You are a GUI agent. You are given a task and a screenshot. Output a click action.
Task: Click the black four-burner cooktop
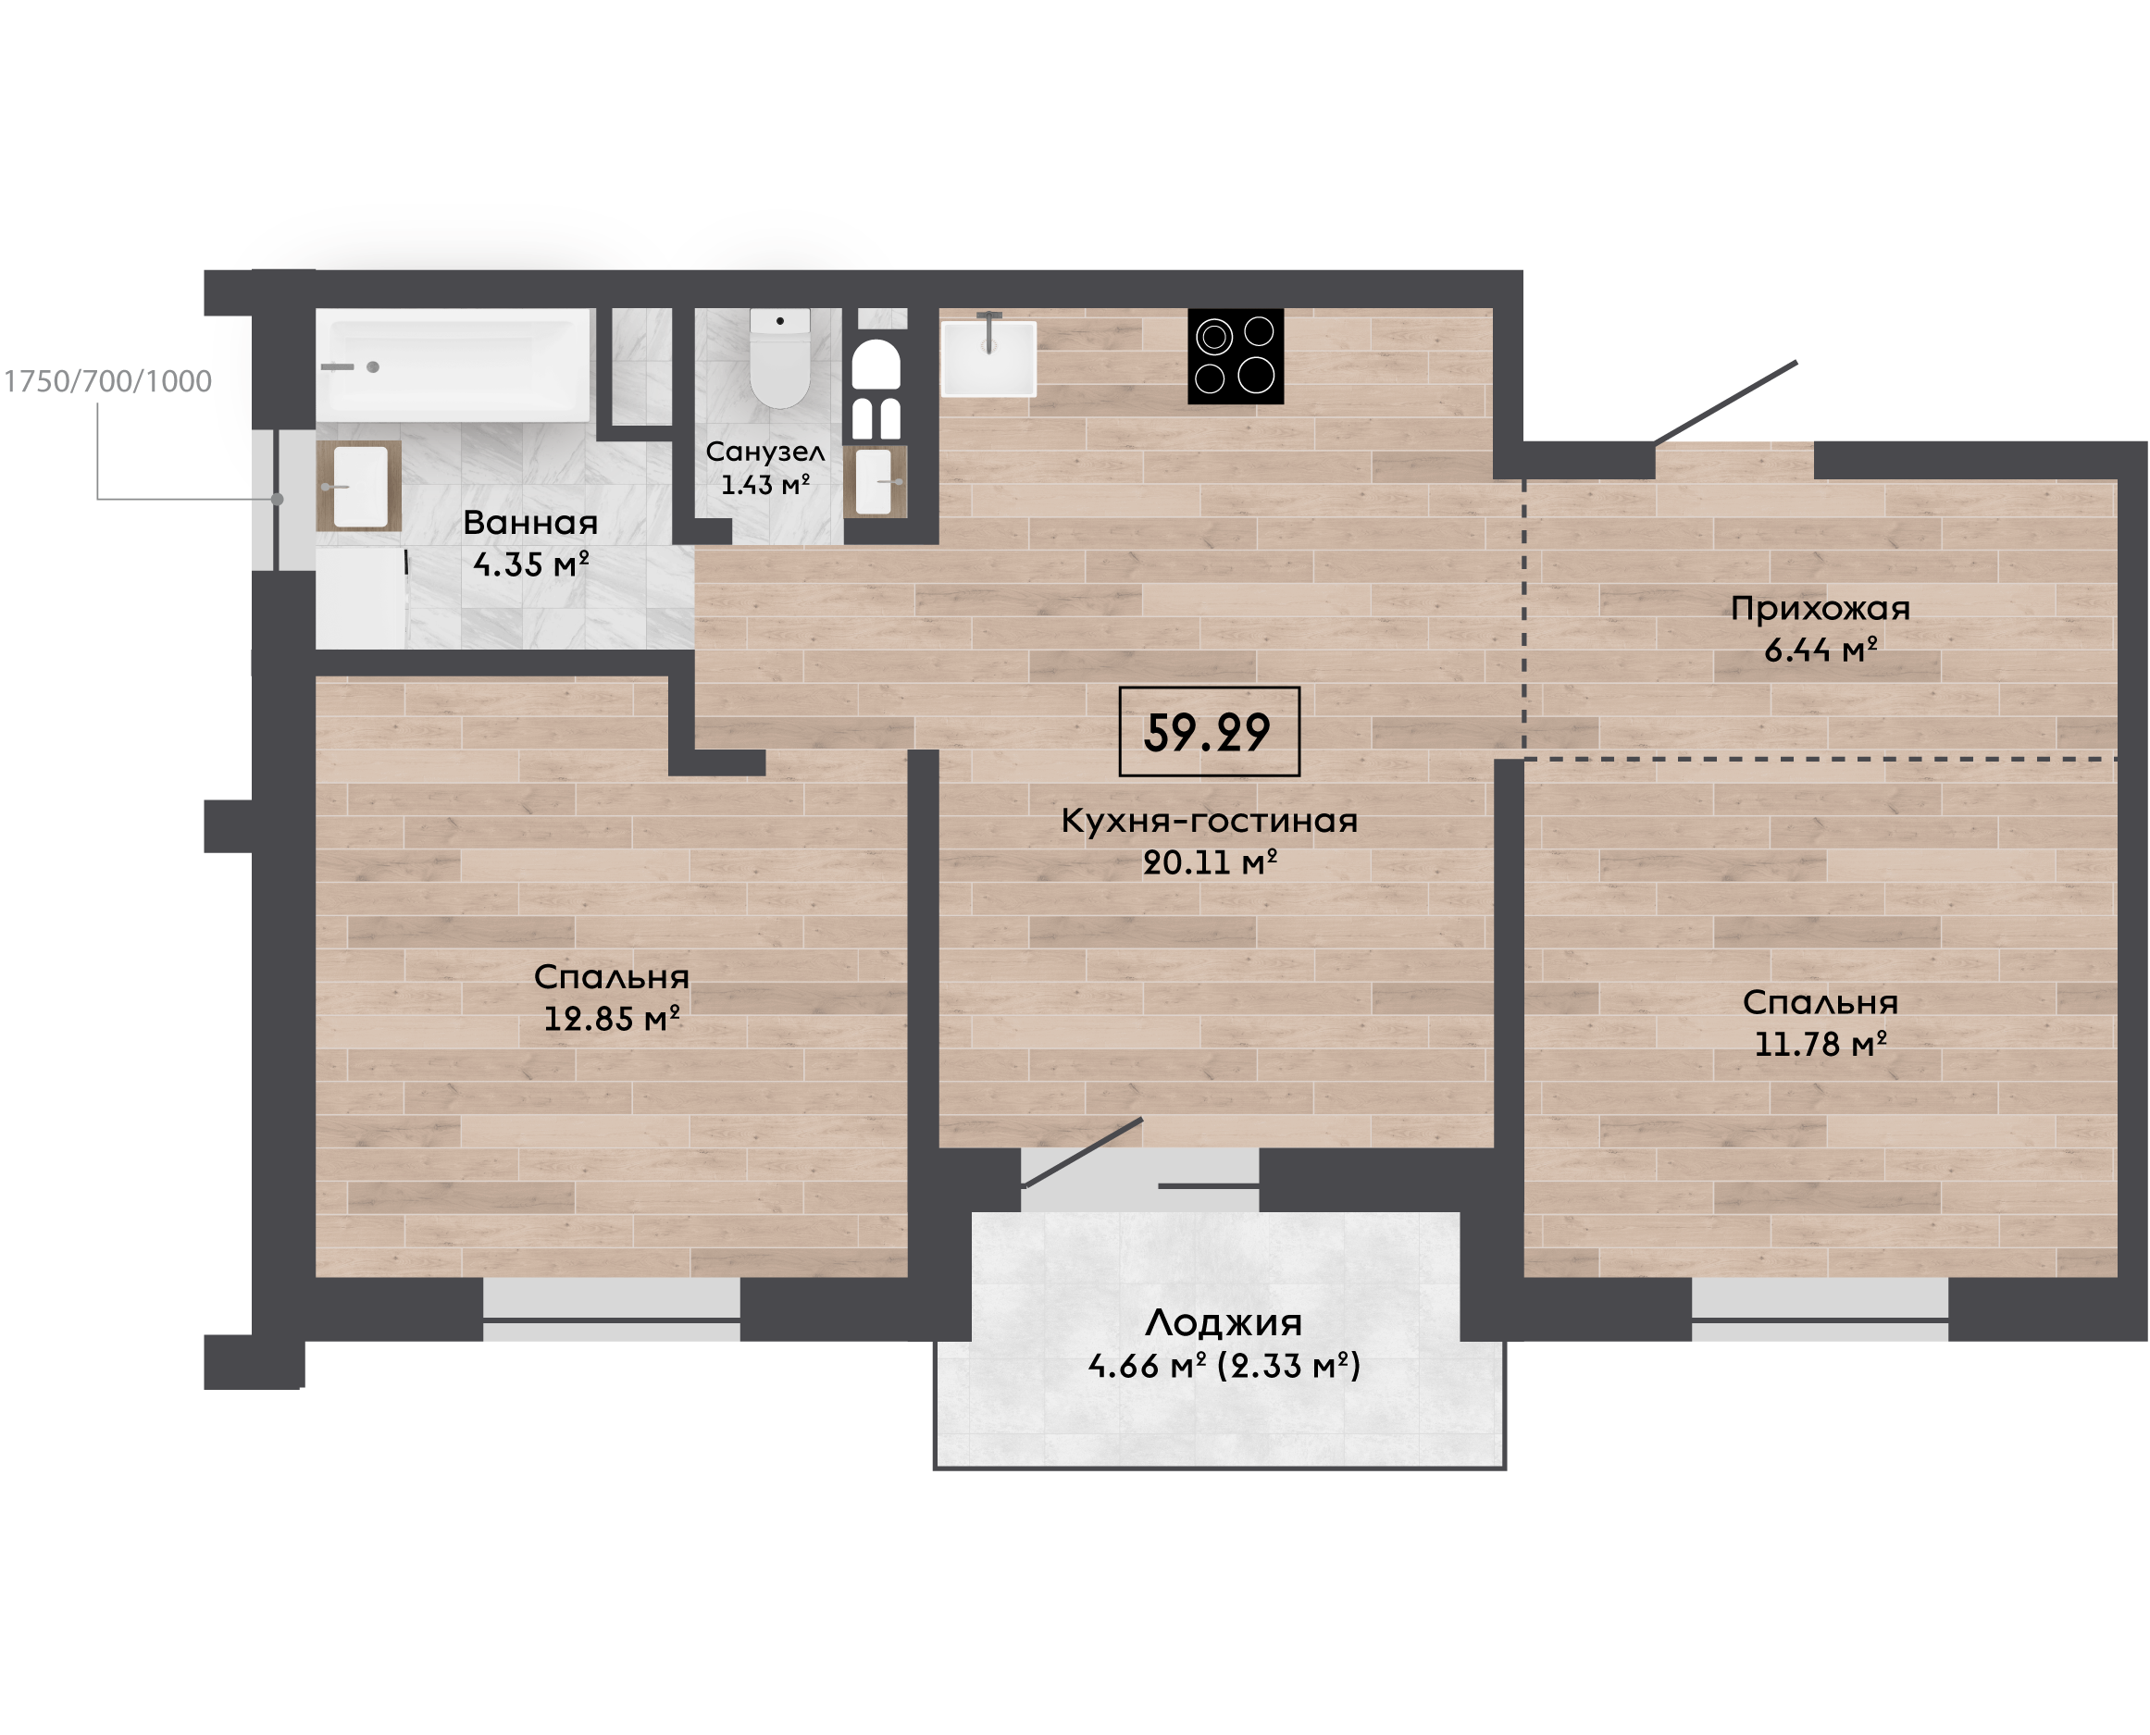coord(1235,356)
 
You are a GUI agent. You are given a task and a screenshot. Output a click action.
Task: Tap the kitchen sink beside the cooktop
coord(988,357)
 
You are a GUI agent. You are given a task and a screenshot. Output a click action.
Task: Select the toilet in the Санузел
coord(779,358)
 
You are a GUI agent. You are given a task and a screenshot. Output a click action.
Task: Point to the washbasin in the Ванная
coord(359,487)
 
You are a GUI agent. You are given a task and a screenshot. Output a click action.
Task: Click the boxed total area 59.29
coord(1209,732)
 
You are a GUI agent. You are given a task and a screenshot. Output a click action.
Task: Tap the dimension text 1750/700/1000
coord(108,381)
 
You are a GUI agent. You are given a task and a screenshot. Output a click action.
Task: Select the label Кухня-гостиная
coord(1209,821)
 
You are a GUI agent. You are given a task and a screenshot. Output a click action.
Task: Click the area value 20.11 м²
coord(1210,861)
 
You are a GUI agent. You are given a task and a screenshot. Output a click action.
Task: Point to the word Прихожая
coord(1821,608)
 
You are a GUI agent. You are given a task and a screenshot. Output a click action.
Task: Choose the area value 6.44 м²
coord(1821,650)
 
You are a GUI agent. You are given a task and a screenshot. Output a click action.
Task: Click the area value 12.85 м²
coord(612,1019)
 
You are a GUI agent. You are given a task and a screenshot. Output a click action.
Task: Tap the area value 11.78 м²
coord(1821,1044)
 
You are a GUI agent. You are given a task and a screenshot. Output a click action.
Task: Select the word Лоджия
coord(1224,1323)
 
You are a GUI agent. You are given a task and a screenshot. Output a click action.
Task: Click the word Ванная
coord(529,523)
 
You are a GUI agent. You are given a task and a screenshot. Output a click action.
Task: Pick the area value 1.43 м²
coord(764,485)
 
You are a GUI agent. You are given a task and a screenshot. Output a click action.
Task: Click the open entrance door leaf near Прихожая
coord(1725,403)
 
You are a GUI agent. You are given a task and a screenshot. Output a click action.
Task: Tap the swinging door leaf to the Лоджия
coord(1083,1152)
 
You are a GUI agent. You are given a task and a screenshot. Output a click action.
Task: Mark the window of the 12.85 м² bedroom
coord(612,1309)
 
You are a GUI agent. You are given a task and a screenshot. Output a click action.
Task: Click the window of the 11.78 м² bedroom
coord(1820,1309)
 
